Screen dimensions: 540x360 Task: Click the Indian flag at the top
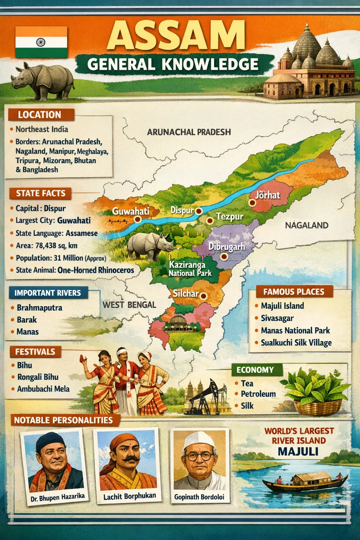tap(41, 42)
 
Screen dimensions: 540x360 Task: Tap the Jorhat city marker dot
tap(252, 202)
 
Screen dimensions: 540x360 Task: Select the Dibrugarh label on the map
tap(226, 246)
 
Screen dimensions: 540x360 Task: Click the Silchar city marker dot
tap(203, 296)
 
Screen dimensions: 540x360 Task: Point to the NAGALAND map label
tap(307, 225)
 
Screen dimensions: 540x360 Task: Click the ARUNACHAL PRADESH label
tap(189, 132)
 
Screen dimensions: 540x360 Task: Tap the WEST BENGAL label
tap(129, 305)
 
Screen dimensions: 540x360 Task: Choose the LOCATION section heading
tap(40, 115)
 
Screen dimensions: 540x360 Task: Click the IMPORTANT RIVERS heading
tap(48, 293)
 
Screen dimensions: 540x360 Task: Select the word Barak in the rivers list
tap(27, 320)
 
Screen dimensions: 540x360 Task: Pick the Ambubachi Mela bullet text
tap(43, 389)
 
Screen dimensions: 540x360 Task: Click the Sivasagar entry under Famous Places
tap(277, 318)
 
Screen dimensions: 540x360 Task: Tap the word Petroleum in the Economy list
tap(258, 394)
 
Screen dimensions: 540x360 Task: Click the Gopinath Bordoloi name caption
tap(199, 497)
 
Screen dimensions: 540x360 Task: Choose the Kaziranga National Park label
tap(190, 269)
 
